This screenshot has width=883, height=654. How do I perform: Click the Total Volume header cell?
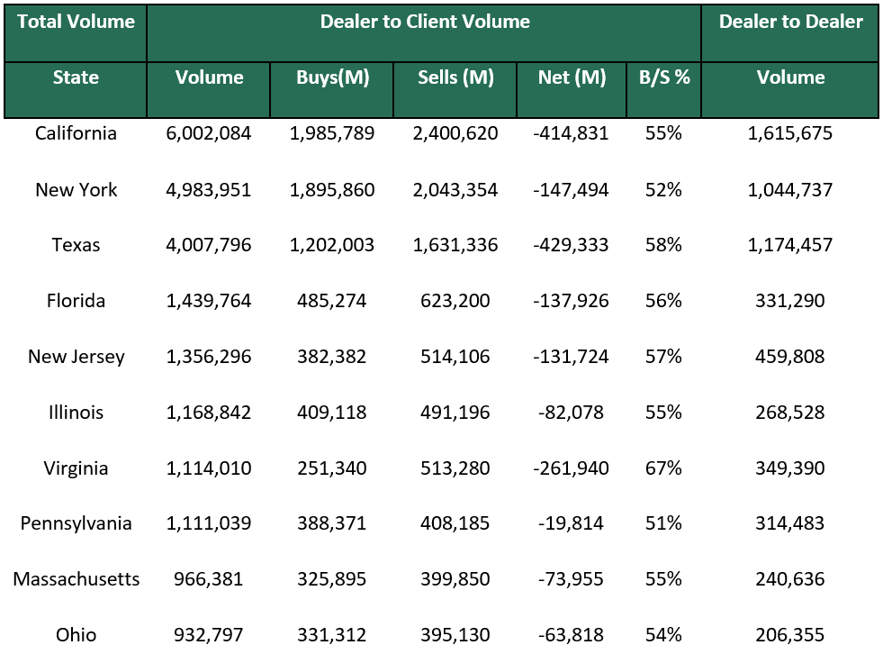(76, 23)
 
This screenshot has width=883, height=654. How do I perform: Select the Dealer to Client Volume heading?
(424, 23)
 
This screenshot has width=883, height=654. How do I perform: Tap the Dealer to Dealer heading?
(789, 23)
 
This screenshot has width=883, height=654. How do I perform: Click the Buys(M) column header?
(332, 78)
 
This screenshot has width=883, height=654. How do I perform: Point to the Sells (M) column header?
(455, 78)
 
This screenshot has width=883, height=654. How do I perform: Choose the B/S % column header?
(663, 78)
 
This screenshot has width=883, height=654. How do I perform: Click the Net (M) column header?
(572, 78)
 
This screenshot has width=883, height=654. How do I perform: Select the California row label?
(76, 134)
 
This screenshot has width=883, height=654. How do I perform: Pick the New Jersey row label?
(76, 358)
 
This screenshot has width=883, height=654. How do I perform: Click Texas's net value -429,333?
(572, 246)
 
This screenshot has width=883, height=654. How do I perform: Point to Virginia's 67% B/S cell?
(663, 469)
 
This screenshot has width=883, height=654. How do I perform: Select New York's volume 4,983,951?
(209, 190)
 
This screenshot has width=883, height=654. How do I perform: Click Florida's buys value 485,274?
(332, 302)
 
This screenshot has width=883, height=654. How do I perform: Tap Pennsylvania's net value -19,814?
(572, 524)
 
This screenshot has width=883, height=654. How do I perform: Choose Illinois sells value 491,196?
(455, 413)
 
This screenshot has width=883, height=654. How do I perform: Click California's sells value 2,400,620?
(455, 134)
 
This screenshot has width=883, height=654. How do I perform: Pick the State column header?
(76, 78)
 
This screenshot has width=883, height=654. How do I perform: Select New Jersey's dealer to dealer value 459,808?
(789, 358)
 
